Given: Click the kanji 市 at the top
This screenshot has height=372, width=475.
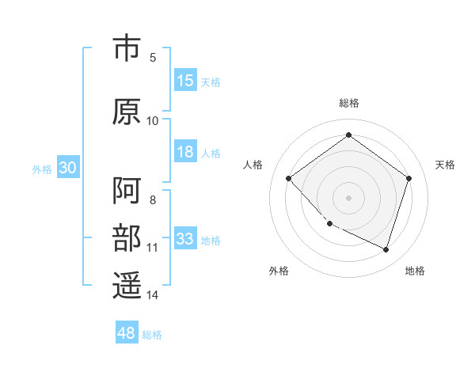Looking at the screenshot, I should (x=127, y=48).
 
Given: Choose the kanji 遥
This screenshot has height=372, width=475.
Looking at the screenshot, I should (x=127, y=286).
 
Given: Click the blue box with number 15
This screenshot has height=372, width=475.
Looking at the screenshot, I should (x=185, y=81).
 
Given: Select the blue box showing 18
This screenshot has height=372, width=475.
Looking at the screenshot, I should (x=185, y=153).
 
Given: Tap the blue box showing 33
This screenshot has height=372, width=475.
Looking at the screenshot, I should (x=185, y=240).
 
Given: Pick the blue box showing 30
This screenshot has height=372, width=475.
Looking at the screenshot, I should (x=67, y=169).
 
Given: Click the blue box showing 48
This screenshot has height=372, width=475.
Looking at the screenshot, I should (x=127, y=333).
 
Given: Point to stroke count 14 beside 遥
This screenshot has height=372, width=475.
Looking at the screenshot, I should (x=153, y=295).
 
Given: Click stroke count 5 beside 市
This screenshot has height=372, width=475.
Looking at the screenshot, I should (x=153, y=58).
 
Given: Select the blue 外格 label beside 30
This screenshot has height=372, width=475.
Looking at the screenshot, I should (x=42, y=169).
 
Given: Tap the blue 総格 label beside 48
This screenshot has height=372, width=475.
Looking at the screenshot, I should (x=152, y=334).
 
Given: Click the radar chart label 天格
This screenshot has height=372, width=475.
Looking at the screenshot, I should (x=445, y=165).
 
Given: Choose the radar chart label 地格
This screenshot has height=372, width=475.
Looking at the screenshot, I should (x=415, y=271).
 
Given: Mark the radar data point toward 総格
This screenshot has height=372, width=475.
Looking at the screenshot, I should (x=348, y=135).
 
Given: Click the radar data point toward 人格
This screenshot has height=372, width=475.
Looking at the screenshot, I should (x=289, y=178).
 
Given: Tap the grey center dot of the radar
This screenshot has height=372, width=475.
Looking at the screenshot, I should (x=348, y=197).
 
